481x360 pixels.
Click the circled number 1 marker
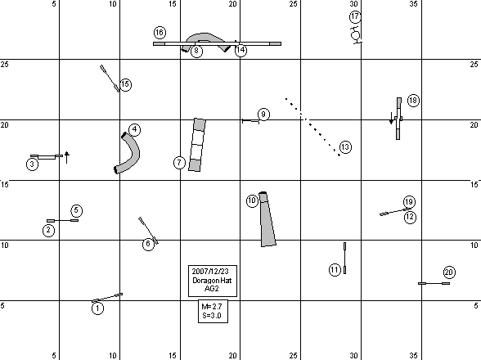point(97,308)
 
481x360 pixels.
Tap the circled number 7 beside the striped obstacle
point(179,163)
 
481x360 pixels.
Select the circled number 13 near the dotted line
point(345,147)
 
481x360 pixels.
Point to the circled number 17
point(355,16)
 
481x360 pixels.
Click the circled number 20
point(449,272)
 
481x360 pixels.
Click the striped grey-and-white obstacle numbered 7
point(197,145)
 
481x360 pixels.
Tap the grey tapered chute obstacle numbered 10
point(267,219)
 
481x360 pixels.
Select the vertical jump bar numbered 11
point(345,258)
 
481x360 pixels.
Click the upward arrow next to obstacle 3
point(67,157)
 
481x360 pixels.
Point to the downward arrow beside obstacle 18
point(391,118)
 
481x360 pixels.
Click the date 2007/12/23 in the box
point(210,272)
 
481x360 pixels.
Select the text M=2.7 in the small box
point(212,307)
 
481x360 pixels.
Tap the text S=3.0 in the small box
point(212,315)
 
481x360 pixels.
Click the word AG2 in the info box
point(211,289)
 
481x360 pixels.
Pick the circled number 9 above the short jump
point(263,115)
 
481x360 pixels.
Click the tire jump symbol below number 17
point(356,34)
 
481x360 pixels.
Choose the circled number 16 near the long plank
point(160,33)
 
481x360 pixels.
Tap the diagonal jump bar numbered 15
point(110,79)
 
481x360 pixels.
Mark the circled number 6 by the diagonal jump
point(149,244)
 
